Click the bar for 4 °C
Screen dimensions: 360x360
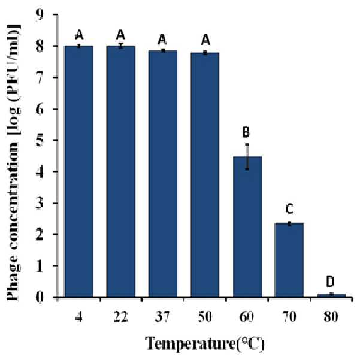[79, 172]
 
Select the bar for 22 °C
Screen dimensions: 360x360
[121, 172]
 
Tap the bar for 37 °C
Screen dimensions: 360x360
[163, 174]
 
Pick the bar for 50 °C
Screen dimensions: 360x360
[205, 175]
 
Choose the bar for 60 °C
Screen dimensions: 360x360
[247, 227]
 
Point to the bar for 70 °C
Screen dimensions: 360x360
[289, 261]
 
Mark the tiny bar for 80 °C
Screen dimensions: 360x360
[331, 295]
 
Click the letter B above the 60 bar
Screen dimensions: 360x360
[246, 132]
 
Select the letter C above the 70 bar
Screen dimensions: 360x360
[289, 210]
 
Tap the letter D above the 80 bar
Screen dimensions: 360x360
[330, 282]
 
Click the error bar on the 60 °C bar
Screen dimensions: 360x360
[247, 156]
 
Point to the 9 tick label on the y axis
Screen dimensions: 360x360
[40, 15]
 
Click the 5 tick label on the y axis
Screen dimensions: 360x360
[40, 140]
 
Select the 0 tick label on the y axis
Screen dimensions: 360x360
[40, 297]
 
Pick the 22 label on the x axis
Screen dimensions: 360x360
[121, 317]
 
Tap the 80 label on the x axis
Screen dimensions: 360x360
[331, 317]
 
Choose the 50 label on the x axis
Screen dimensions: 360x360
[205, 317]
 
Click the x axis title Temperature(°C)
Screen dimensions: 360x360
[205, 344]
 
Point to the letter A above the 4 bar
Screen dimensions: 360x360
[79, 35]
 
